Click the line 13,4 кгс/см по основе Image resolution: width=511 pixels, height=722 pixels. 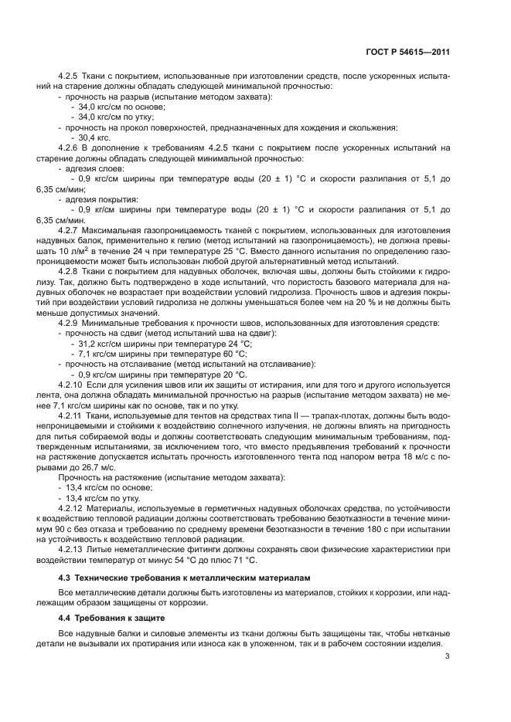pyautogui.click(x=113, y=488)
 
